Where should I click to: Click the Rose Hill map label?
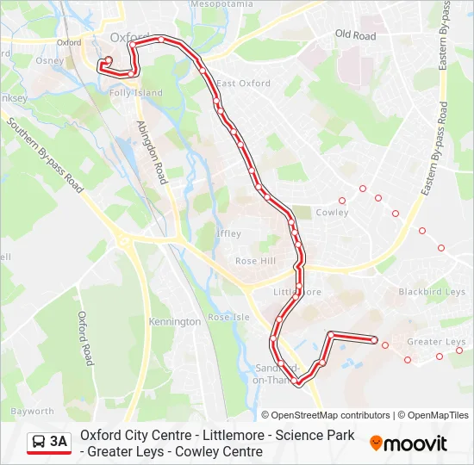tap(256, 262)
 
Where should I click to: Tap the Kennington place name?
tap(175, 322)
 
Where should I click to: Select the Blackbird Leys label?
tap(432, 292)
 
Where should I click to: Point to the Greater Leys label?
tap(436, 342)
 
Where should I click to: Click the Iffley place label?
tap(228, 233)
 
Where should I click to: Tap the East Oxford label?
tap(243, 84)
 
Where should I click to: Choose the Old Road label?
tap(355, 35)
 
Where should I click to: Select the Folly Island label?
tap(135, 93)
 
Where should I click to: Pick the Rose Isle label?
tap(228, 317)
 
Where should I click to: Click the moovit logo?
tap(408, 443)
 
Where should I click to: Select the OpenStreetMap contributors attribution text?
tap(326, 415)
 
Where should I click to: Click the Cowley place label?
tap(332, 212)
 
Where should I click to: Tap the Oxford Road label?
tap(85, 338)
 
